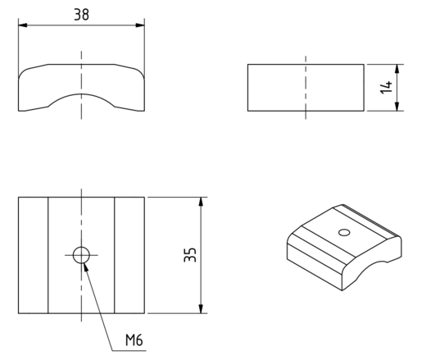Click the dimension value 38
[81, 15]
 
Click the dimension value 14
[386, 87]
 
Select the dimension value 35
[190, 255]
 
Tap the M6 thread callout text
[134, 340]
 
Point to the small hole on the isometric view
[344, 232]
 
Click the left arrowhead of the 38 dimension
[23, 25]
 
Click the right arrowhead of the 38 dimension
[140, 25]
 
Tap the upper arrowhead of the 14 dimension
[397, 69]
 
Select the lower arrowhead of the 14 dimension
[397, 107]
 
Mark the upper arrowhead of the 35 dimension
[201, 202]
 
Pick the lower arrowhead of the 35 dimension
[201, 309]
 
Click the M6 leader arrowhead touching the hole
[86, 267]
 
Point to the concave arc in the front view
[81, 94]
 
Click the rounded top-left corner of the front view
[23, 72]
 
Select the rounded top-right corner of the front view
[140, 72]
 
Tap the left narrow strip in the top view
[34, 255]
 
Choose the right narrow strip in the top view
[129, 255]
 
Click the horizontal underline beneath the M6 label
[129, 350]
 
